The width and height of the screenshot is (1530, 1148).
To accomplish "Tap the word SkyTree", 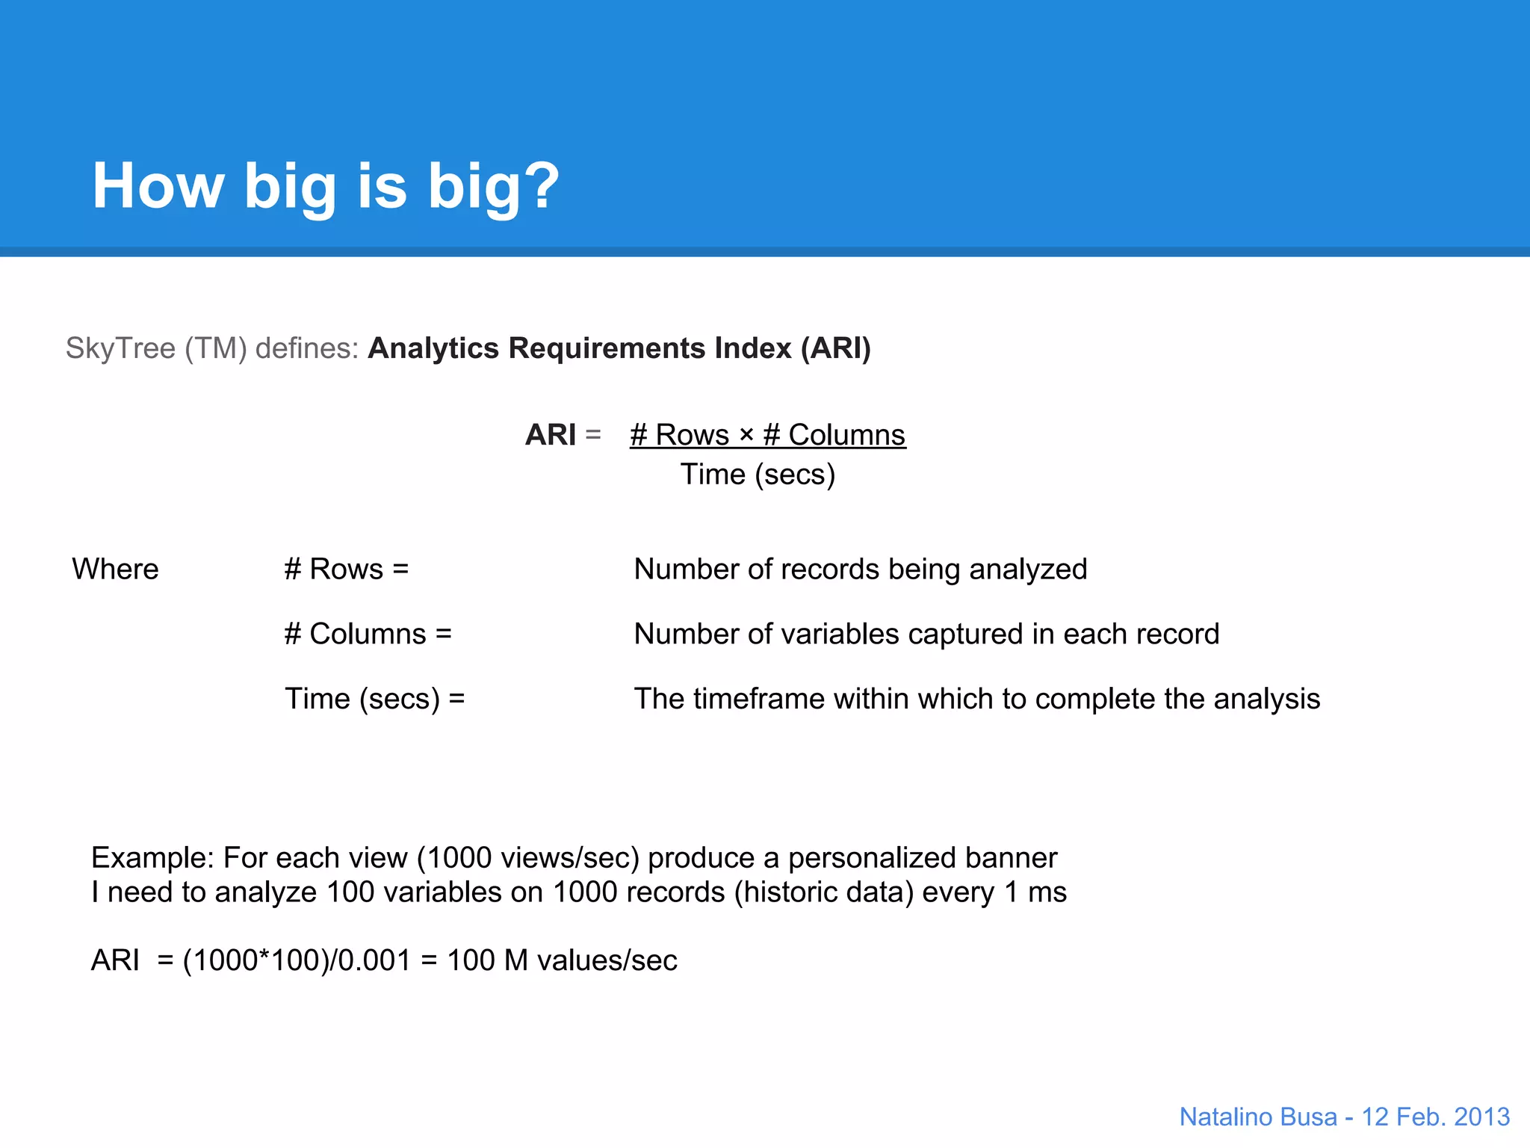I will (120, 348).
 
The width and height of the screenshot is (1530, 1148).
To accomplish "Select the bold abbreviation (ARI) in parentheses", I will (835, 348).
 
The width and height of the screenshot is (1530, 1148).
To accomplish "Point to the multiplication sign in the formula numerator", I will (746, 435).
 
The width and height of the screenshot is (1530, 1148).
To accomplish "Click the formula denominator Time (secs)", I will (758, 475).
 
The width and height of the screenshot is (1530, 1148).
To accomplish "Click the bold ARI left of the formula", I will (550, 435).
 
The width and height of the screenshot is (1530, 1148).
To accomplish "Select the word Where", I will (115, 570).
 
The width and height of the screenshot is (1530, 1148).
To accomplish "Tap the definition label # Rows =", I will (346, 570).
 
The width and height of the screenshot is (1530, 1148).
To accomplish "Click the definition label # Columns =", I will (368, 635).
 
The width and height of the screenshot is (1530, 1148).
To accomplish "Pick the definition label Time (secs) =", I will (374, 699).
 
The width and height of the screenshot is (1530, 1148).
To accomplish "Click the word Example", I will (152, 858).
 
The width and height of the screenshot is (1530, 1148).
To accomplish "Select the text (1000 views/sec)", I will (528, 858).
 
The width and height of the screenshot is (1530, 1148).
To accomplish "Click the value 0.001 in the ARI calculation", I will (374, 960).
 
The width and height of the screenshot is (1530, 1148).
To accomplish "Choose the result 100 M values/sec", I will (562, 960).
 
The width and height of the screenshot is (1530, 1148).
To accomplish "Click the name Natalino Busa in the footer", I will (1258, 1117).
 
